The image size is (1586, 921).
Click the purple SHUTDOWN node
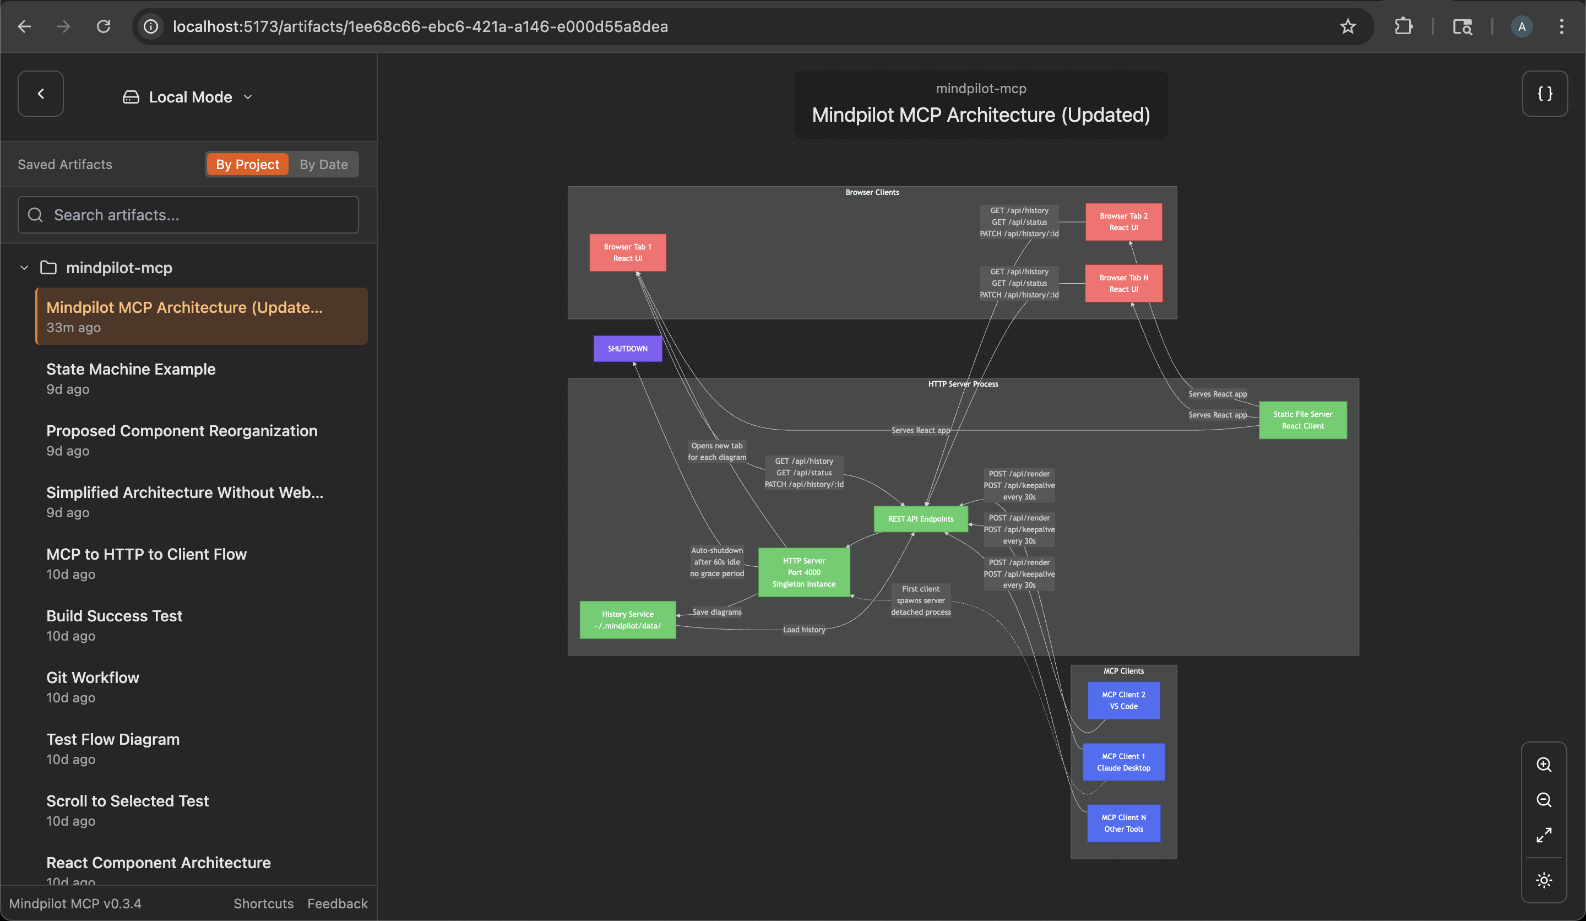627,349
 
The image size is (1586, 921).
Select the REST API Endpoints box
920,519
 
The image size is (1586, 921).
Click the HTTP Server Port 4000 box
803,572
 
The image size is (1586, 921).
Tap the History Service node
627,620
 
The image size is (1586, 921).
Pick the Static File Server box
1302,420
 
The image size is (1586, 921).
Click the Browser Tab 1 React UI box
627,252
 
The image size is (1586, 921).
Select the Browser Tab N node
1123,283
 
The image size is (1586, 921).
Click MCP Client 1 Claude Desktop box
1123,762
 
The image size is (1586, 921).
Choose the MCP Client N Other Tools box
1123,823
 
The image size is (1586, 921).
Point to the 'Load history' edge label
803,630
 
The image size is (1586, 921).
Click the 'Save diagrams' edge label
717,612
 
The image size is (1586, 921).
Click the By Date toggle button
323,164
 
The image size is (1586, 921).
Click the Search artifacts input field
189,215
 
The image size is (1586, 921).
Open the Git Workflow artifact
93,678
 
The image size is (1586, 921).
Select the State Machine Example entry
131,369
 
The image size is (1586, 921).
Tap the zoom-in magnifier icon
1543,764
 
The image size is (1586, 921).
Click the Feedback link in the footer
338,903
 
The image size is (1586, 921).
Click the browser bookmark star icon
1347,26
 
